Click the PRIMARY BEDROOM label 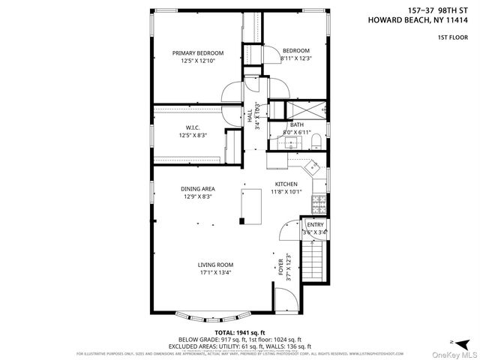[198, 52]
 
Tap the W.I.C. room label [192, 127]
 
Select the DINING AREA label [196, 188]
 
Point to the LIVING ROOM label [216, 264]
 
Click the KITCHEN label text [286, 184]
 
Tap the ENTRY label [315, 224]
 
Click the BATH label [297, 125]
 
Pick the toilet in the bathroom [316, 139]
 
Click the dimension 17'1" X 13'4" [216, 273]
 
